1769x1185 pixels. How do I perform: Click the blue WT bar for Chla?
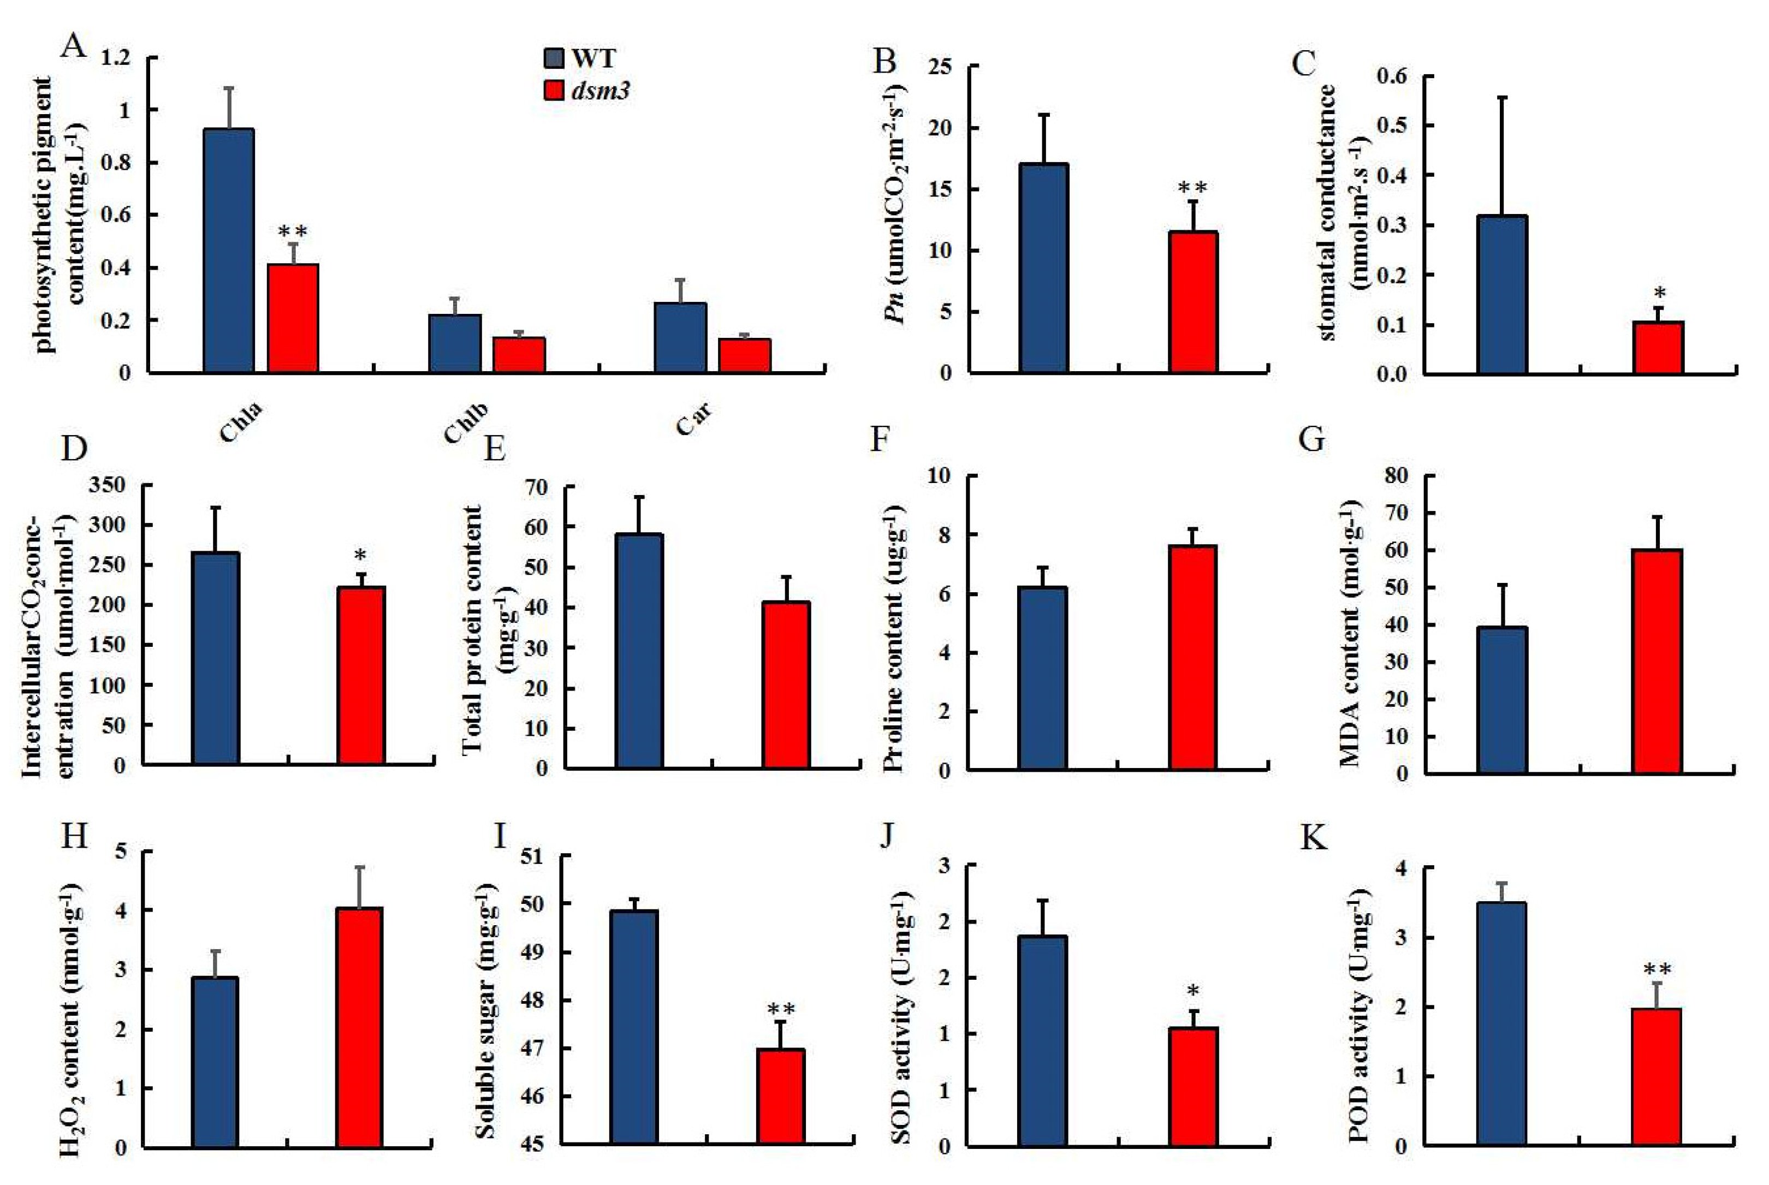pos(228,251)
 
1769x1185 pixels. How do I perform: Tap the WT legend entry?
pos(580,59)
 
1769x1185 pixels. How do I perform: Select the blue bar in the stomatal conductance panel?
pos(1501,295)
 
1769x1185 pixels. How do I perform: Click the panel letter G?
pos(1311,439)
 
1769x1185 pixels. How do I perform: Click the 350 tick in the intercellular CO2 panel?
pos(106,485)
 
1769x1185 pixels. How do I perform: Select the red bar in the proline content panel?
pos(1192,658)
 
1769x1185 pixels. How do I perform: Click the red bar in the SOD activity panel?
pos(1192,1087)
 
